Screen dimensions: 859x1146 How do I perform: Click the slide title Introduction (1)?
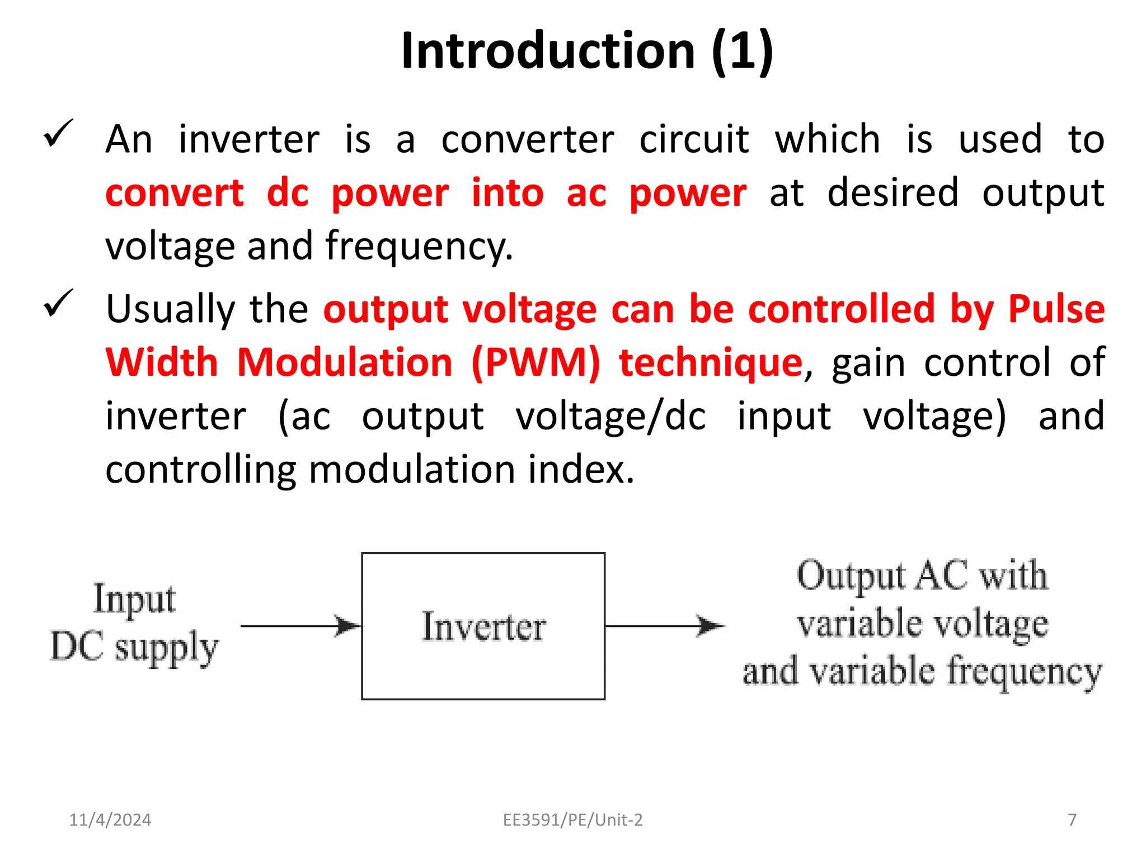coord(587,51)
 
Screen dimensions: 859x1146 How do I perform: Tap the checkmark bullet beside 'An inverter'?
coord(58,134)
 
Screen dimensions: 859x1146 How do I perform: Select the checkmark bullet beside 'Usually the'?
coord(58,303)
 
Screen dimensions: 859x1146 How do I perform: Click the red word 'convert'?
coord(175,193)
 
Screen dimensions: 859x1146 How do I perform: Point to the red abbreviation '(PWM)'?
coord(536,362)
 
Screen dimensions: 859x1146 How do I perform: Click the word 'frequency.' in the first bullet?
coord(419,247)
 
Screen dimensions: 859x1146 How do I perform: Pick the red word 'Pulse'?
coord(1056,309)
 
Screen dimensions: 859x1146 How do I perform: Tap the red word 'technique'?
coord(711,362)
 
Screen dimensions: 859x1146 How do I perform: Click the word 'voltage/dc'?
coord(610,416)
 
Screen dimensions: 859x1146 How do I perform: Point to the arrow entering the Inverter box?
coord(300,626)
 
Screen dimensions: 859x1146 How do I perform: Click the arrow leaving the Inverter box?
coord(664,626)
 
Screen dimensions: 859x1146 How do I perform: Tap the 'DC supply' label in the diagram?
coord(134,647)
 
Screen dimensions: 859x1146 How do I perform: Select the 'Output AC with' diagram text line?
coord(922,576)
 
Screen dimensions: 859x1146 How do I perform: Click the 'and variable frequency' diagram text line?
coord(922,672)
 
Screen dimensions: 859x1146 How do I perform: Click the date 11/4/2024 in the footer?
coord(110,820)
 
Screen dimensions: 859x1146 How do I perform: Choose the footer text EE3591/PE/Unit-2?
coord(573,820)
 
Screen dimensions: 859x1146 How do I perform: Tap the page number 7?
coord(1072,820)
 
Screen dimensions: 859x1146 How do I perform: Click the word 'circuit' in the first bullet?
coord(694,139)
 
